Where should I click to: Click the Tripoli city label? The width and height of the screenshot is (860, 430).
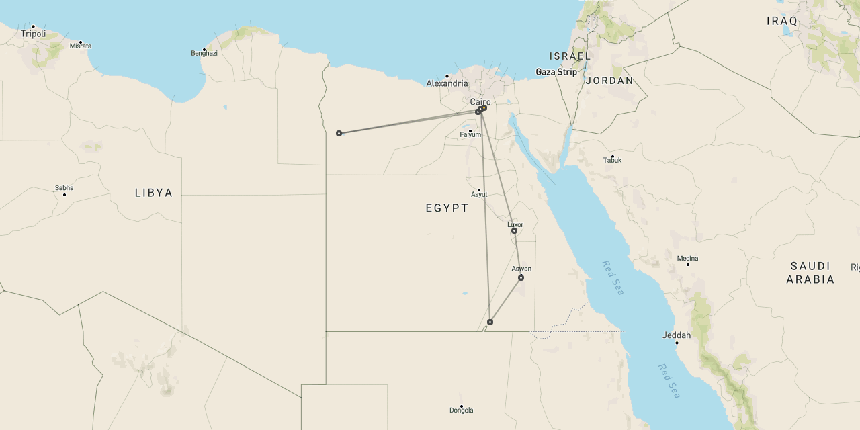(x=32, y=34)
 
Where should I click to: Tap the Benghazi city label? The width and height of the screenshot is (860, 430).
(x=204, y=53)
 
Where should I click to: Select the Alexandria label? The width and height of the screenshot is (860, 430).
(x=447, y=83)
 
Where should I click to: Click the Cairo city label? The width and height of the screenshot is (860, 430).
(x=480, y=102)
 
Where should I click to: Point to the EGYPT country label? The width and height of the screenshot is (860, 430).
(x=447, y=208)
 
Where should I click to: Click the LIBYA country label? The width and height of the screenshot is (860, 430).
(x=154, y=193)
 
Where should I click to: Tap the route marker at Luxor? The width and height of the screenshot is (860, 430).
(x=514, y=231)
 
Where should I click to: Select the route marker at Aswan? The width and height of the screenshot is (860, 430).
(x=521, y=277)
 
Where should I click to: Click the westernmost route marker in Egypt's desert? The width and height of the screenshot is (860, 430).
(x=339, y=133)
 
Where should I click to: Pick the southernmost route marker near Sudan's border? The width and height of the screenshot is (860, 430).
(x=490, y=322)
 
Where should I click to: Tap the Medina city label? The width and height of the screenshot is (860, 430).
(x=687, y=258)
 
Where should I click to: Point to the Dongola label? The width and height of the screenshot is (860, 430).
(x=461, y=411)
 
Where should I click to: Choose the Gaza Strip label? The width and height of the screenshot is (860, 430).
(x=556, y=72)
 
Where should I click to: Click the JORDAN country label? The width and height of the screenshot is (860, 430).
(x=609, y=81)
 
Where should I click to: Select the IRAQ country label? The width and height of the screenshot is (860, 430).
(x=781, y=21)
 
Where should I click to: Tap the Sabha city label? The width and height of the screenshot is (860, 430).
(x=64, y=188)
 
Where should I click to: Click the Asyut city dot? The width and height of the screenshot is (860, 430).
(x=479, y=189)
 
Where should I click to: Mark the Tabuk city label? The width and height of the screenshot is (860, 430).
(x=612, y=160)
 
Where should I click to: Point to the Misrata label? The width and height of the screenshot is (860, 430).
(x=80, y=46)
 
